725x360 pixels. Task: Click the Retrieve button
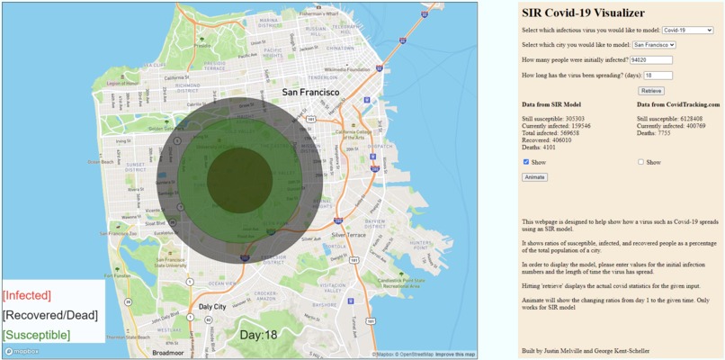point(651,91)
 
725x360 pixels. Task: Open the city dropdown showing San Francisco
point(653,45)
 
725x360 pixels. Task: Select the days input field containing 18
point(658,76)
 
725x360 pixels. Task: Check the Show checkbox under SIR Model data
point(526,162)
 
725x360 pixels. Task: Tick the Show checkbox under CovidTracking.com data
point(640,162)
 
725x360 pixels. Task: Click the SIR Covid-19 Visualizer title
point(583,13)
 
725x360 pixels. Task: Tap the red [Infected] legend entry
point(26,295)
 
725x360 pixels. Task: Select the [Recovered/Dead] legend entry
point(49,315)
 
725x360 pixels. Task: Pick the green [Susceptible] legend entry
point(36,335)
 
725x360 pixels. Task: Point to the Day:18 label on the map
point(258,335)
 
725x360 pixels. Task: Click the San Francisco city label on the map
point(310,92)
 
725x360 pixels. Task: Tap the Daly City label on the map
point(212,307)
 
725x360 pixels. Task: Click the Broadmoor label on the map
point(169,353)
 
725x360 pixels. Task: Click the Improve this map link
point(456,355)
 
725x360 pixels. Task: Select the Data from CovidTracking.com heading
point(678,104)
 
